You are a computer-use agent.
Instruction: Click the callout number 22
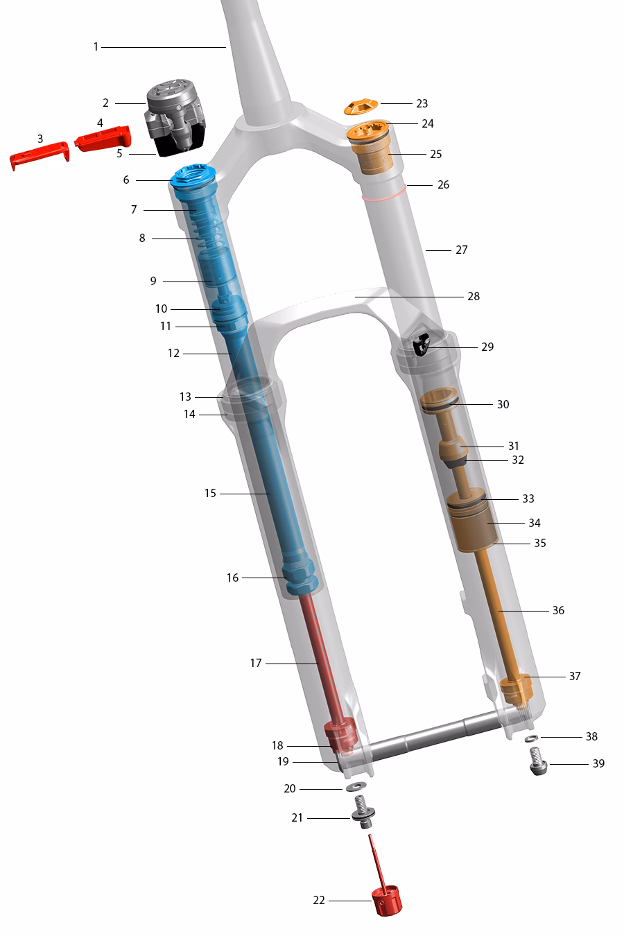pyautogui.click(x=319, y=900)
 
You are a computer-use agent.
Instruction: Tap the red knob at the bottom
pyautogui.click(x=388, y=901)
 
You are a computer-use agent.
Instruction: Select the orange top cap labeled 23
pyautogui.click(x=361, y=107)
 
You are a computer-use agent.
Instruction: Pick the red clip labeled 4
pyautogui.click(x=103, y=138)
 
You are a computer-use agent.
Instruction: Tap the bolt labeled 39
pyautogui.click(x=539, y=763)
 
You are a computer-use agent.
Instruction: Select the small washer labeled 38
pyautogui.click(x=530, y=738)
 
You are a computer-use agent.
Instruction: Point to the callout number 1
pyautogui.click(x=96, y=46)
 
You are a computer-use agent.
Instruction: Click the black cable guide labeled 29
pyautogui.click(x=421, y=344)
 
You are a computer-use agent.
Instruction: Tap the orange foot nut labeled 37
pyautogui.click(x=515, y=688)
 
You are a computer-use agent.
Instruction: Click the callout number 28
pyautogui.click(x=474, y=296)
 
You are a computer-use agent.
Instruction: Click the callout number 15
pyautogui.click(x=210, y=493)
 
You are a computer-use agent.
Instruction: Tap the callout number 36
pyautogui.click(x=558, y=610)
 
